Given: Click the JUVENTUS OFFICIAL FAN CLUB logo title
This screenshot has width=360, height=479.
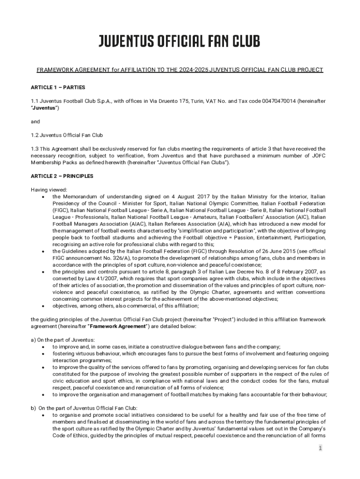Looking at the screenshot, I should (179, 42).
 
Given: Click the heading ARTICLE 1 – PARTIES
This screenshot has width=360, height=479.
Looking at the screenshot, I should (58, 87).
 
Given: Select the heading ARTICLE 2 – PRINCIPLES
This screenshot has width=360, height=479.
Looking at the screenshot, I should (62, 176).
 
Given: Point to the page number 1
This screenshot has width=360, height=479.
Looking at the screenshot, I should (320, 448).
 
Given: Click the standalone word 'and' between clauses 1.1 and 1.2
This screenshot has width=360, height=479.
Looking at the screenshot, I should (36, 121).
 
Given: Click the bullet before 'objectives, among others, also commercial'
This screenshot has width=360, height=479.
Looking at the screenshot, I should (43, 306).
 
